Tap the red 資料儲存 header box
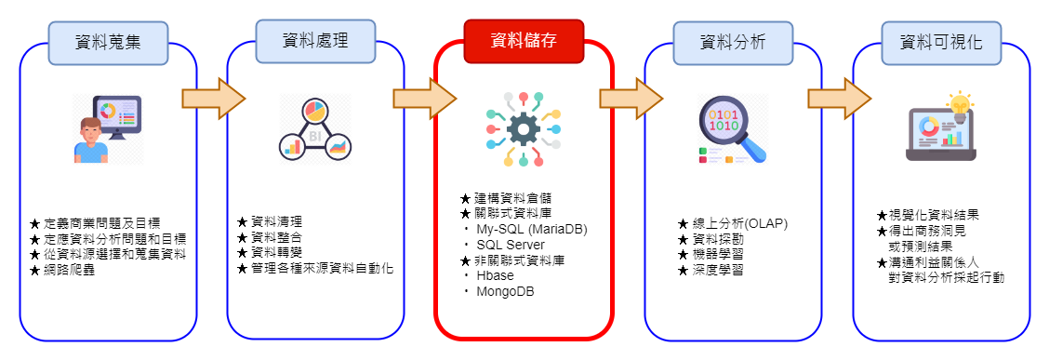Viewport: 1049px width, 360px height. (524, 41)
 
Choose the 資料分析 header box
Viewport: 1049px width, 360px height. (733, 43)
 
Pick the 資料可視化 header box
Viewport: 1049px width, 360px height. (940, 43)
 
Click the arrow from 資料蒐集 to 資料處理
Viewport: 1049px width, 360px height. (214, 99)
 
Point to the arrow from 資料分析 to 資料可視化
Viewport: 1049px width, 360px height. (839, 99)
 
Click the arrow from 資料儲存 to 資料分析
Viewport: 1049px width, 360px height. (631, 99)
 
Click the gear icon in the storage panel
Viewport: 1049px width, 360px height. (524, 129)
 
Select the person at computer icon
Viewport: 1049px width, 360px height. (107, 130)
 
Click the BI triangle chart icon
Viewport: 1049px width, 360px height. (315, 130)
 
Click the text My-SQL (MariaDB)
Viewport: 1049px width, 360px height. (532, 229)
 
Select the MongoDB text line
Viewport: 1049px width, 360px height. (505, 291)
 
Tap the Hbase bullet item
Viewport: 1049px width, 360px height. (495, 275)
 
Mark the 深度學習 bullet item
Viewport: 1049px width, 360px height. (710, 271)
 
